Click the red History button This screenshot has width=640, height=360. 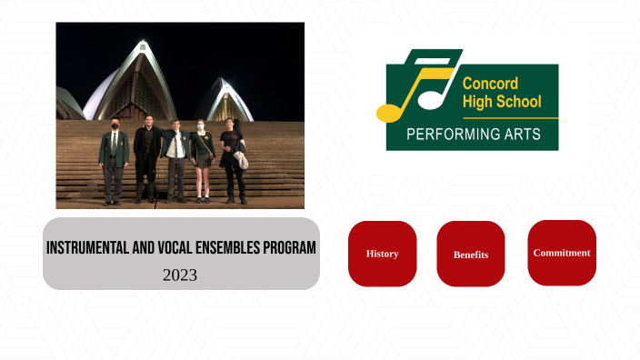[x=382, y=254]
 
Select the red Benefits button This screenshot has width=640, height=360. [x=471, y=255]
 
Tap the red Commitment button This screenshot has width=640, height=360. [x=562, y=253]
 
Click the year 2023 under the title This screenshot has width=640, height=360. [x=180, y=275]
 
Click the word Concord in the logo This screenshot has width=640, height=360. [x=490, y=84]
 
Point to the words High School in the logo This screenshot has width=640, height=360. [x=501, y=102]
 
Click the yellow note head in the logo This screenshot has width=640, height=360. [x=388, y=114]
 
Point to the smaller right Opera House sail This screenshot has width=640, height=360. [x=224, y=100]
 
